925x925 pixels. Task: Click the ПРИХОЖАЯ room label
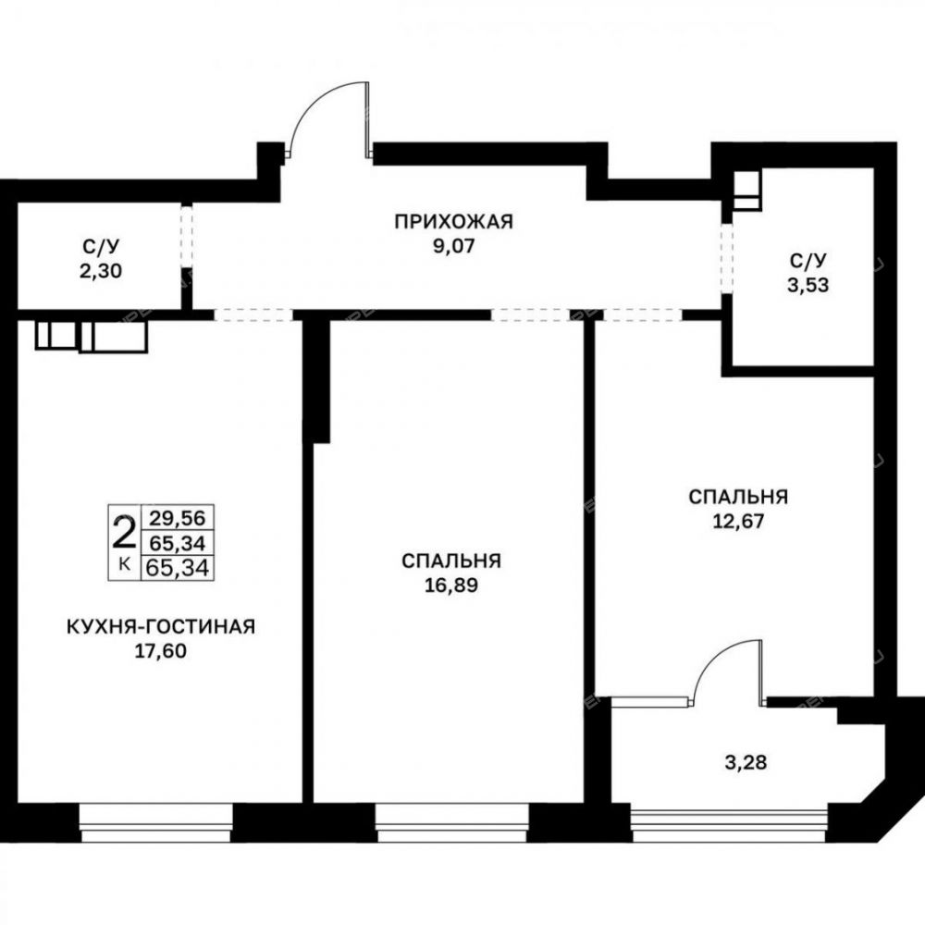pyautogui.click(x=453, y=222)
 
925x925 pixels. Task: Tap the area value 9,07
pyautogui.click(x=453, y=246)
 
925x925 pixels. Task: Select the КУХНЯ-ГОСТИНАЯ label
pyautogui.click(x=161, y=626)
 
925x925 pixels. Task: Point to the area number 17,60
pyautogui.click(x=160, y=650)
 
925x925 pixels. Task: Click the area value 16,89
pyautogui.click(x=451, y=586)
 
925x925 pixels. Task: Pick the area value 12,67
pyautogui.click(x=738, y=521)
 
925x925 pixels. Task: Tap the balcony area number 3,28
pyautogui.click(x=746, y=762)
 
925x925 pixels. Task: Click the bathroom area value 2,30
pyautogui.click(x=100, y=271)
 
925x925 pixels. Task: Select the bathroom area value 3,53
pyautogui.click(x=808, y=285)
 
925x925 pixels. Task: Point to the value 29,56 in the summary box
pyautogui.click(x=177, y=518)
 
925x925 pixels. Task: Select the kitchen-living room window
pyautogui.click(x=155, y=823)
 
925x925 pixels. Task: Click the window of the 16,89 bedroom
pyautogui.click(x=452, y=823)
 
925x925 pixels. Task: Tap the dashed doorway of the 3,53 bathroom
pyautogui.click(x=727, y=258)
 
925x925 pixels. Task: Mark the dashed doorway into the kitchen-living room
pyautogui.click(x=253, y=315)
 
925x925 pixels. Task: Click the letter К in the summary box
pyautogui.click(x=125, y=564)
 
